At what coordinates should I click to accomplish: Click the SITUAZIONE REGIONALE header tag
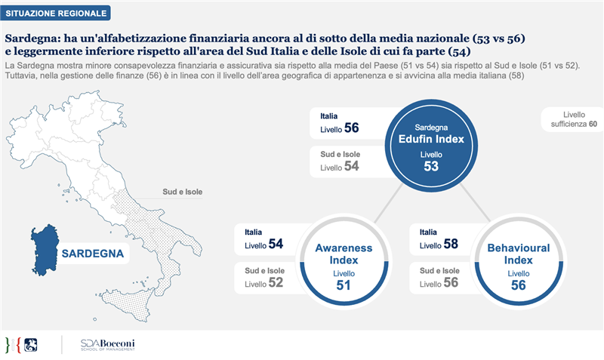click(x=56, y=13)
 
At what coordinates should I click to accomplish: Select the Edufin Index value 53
click(x=431, y=166)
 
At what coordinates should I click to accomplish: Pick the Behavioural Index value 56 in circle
click(x=518, y=285)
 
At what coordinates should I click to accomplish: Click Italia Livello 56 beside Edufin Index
click(x=340, y=123)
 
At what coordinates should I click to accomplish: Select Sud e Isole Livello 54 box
click(x=340, y=161)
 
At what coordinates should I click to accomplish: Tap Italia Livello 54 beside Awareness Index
click(x=265, y=239)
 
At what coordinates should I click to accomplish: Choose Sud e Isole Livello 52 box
click(x=265, y=278)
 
